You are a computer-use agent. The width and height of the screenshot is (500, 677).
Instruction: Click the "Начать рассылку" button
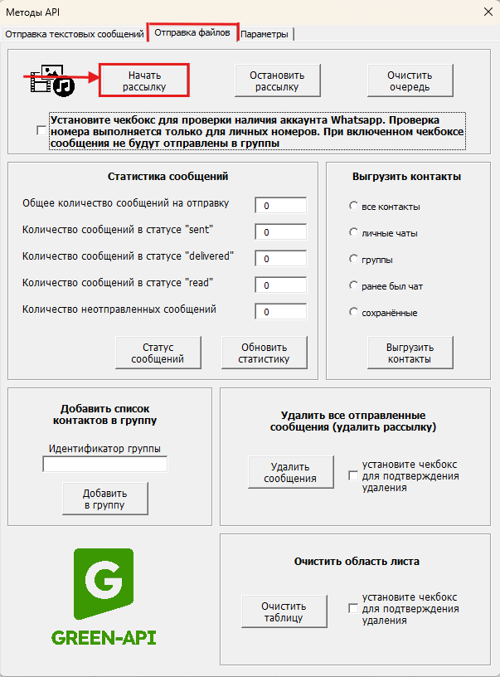(145, 80)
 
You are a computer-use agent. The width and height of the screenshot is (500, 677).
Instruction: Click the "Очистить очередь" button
(410, 80)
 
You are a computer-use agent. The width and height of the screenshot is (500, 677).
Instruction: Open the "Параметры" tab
(265, 34)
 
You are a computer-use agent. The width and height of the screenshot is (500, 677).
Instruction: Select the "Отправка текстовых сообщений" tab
(75, 34)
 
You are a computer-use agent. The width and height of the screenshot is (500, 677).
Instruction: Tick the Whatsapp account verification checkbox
(42, 131)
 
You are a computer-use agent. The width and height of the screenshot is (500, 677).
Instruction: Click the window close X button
(487, 12)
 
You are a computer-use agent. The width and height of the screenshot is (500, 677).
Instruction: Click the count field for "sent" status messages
(280, 231)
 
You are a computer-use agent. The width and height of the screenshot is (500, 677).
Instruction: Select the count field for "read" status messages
(280, 285)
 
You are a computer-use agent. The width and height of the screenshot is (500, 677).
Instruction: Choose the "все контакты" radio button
(354, 206)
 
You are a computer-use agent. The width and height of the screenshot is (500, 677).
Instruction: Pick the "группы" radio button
(354, 260)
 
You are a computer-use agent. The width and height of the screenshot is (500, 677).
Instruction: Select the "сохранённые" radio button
(354, 313)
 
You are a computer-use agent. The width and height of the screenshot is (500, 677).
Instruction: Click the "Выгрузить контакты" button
(410, 353)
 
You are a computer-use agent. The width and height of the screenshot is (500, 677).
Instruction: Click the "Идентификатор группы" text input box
(104, 465)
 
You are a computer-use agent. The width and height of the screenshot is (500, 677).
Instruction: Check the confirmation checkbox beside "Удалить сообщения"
(354, 476)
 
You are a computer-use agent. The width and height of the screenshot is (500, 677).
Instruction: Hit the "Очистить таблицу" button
(284, 611)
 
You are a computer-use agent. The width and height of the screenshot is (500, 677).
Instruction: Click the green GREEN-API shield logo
(104, 583)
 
